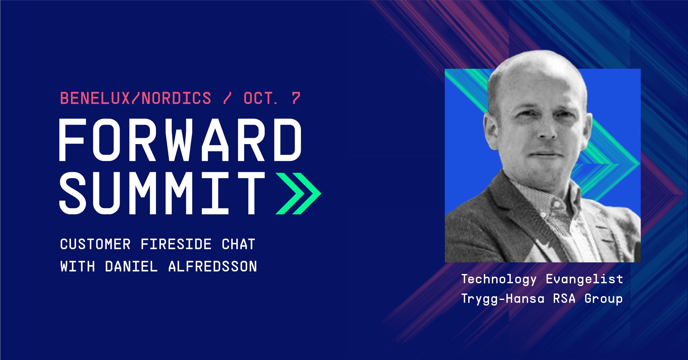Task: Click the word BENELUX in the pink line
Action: (x=95, y=98)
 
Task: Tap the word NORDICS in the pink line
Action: (x=176, y=98)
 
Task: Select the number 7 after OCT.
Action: (x=296, y=98)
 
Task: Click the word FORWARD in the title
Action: (x=180, y=140)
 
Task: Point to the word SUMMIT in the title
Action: (x=162, y=193)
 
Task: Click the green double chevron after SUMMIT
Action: (x=298, y=193)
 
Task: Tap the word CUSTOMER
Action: (x=95, y=244)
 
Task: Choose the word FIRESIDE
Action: (x=176, y=244)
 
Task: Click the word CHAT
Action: (x=239, y=244)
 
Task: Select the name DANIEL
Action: (x=131, y=266)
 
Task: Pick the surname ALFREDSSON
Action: (x=213, y=266)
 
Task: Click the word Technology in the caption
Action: (x=499, y=280)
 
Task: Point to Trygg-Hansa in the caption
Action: (x=503, y=299)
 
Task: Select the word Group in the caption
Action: (x=604, y=299)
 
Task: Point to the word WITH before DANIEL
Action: (x=78, y=266)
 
